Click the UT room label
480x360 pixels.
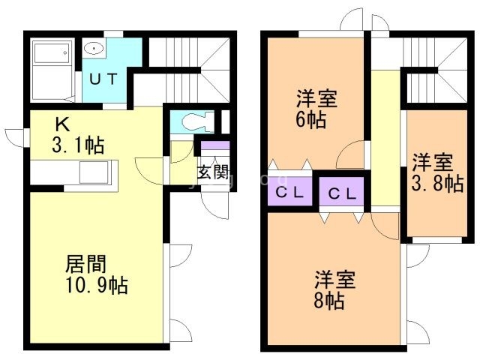tap(103, 78)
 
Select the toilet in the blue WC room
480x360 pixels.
tap(194, 121)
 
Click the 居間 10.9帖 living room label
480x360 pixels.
tap(94, 274)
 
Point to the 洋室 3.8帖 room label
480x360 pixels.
tap(436, 172)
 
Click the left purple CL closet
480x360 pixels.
tap(289, 192)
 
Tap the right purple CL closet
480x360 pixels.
tap(342, 193)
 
